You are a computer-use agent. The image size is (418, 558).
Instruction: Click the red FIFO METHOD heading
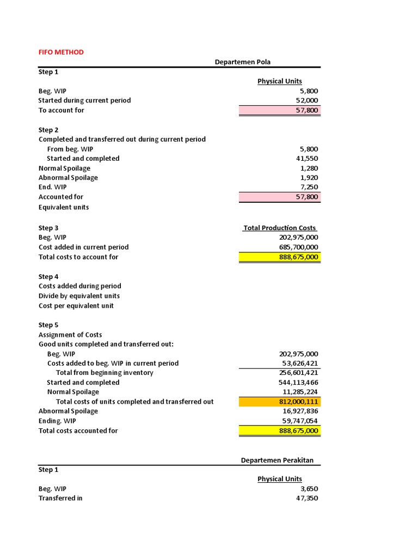[61, 52]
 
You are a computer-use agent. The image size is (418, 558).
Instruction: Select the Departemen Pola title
[243, 62]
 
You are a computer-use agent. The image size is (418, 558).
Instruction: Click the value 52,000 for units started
[307, 100]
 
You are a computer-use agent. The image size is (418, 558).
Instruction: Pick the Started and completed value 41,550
[307, 159]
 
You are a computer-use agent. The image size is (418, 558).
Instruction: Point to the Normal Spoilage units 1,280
[309, 168]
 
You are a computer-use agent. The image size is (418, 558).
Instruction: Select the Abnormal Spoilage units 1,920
[309, 178]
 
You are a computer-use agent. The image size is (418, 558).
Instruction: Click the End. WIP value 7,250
[309, 187]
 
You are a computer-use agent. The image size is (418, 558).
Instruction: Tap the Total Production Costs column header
[280, 228]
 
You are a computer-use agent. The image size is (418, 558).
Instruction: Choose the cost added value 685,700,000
[298, 247]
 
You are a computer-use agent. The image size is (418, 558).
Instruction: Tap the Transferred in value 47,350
[307, 498]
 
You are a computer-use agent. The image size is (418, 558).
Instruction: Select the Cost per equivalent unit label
[76, 306]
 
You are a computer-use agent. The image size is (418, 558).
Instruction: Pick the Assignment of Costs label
[70, 335]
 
